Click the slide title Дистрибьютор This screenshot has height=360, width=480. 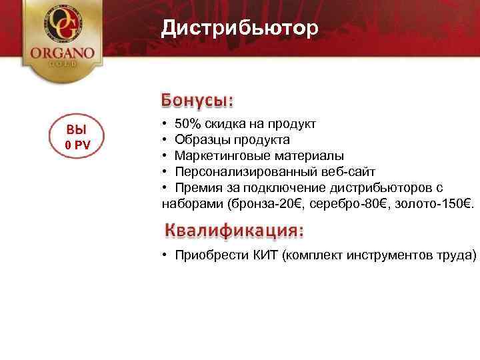[x=239, y=29]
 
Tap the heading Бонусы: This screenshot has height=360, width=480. [x=197, y=100]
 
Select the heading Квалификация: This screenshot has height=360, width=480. [x=234, y=231]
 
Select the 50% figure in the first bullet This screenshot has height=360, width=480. [x=187, y=124]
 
